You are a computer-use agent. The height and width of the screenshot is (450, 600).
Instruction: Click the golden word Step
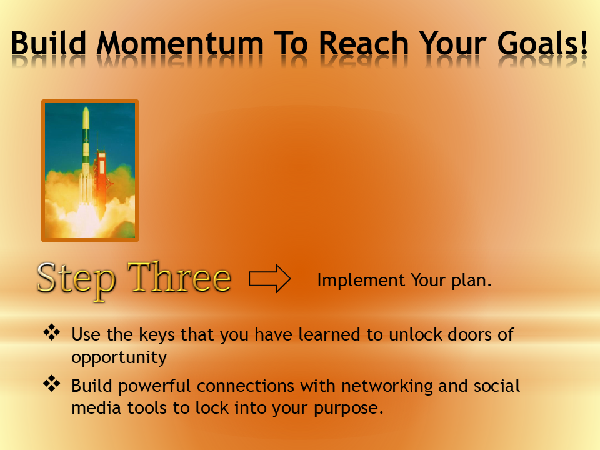click(x=76, y=279)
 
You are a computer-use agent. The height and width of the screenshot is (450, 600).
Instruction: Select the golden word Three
click(x=179, y=277)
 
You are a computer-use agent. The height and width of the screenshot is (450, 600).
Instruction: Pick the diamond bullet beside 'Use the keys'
click(x=51, y=332)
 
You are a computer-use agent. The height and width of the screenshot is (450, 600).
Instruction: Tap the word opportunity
click(x=119, y=358)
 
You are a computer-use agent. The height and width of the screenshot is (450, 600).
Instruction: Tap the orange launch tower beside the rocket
click(x=101, y=169)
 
